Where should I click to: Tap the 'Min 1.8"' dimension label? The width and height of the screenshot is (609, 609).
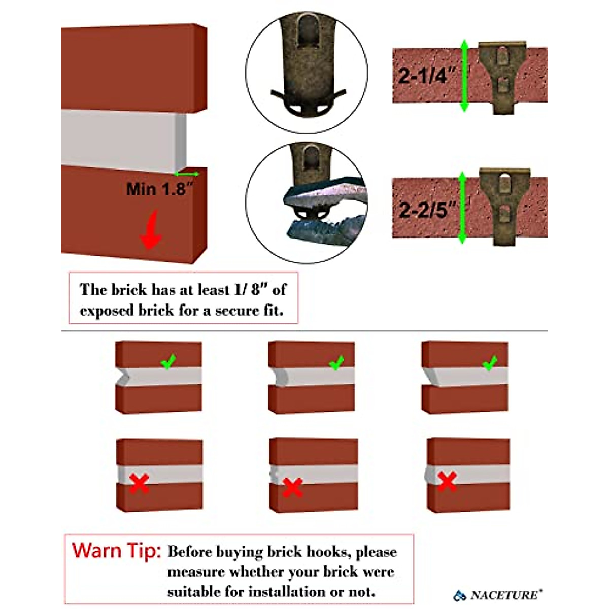coord(159,189)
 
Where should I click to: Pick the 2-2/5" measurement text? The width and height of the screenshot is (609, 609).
coord(426,209)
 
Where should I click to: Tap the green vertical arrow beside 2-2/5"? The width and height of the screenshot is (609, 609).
coord(462,207)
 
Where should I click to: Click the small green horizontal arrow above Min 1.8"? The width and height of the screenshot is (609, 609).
coord(188,174)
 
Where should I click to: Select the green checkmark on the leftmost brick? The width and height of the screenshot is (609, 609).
coord(168,362)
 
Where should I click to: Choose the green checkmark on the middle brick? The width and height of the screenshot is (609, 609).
coord(336,363)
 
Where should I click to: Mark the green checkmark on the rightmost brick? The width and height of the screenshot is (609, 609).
coord(489,363)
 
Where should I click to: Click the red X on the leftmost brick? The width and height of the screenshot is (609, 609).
coord(139,483)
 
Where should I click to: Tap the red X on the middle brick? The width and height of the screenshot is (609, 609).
coord(292,487)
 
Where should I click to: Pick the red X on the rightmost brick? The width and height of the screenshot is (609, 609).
coord(447,481)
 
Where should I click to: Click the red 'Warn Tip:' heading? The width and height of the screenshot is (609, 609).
coord(117,551)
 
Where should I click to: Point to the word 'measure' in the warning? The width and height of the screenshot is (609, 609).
coord(196,572)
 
